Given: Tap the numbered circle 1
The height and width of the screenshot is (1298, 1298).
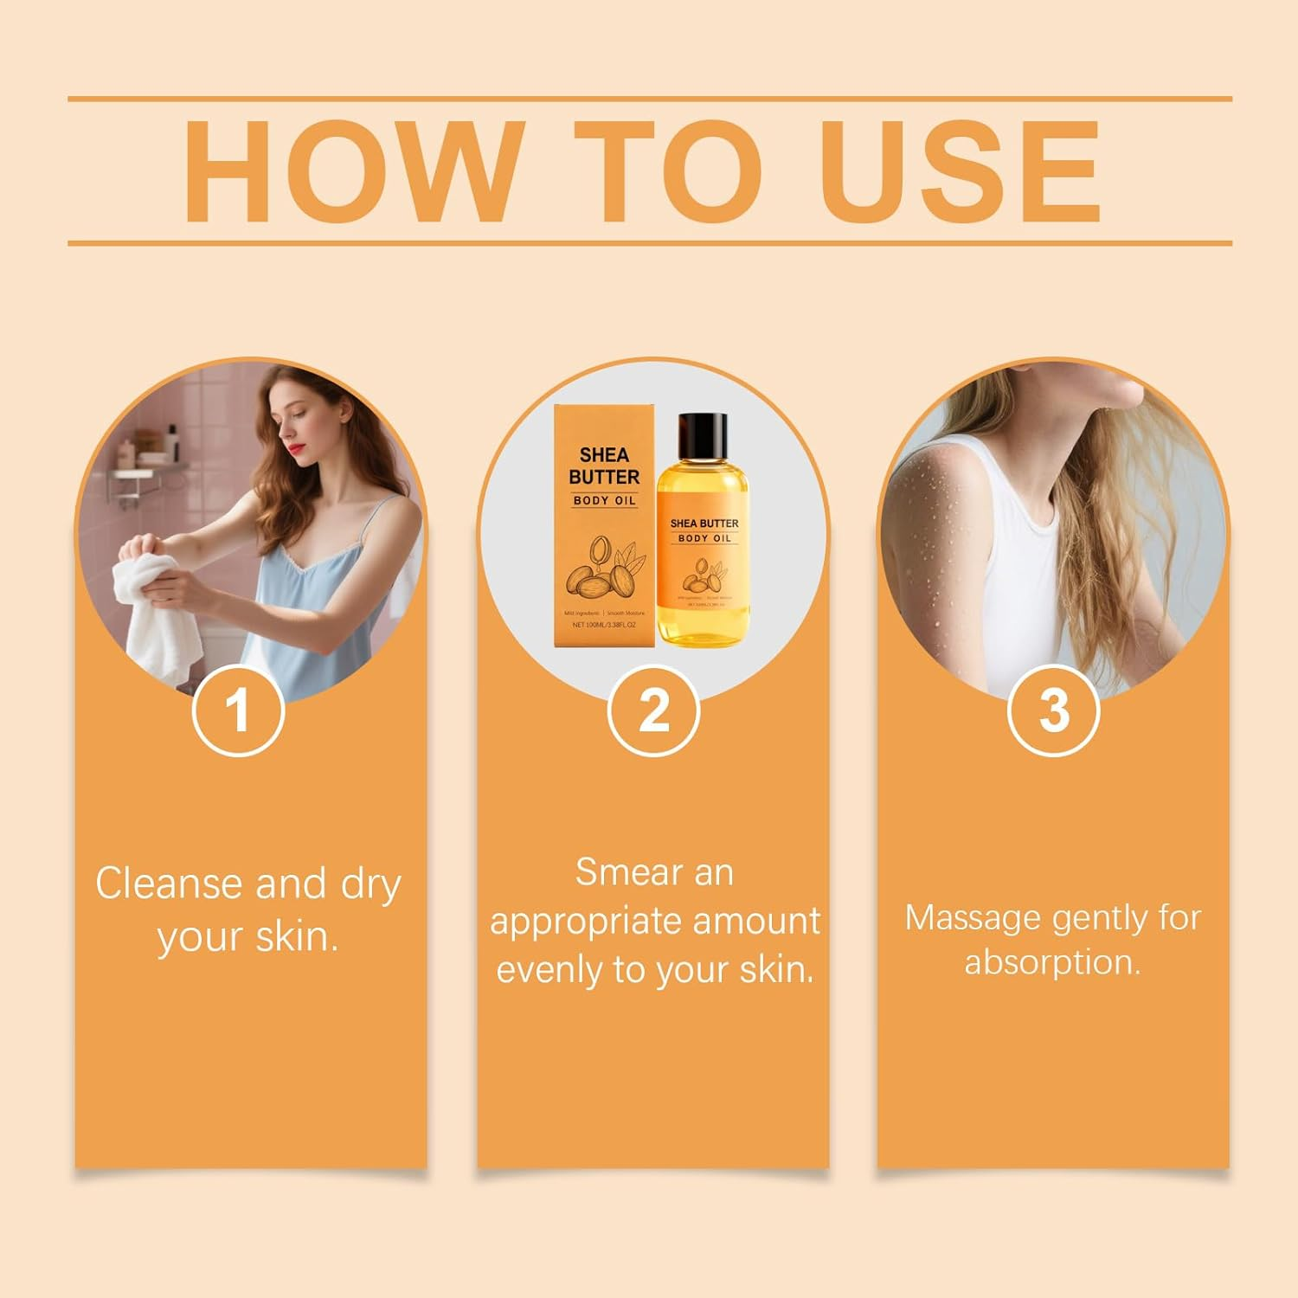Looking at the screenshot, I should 237,711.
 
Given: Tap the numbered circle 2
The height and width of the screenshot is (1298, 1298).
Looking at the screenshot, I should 653,711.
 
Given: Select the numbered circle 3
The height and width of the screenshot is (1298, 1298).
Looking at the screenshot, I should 1053,711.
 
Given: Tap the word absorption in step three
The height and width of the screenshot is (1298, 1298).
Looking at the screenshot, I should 1052,962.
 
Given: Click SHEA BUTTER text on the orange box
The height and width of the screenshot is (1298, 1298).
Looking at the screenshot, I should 604,466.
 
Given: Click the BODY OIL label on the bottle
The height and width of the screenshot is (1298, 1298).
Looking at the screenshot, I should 704,538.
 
